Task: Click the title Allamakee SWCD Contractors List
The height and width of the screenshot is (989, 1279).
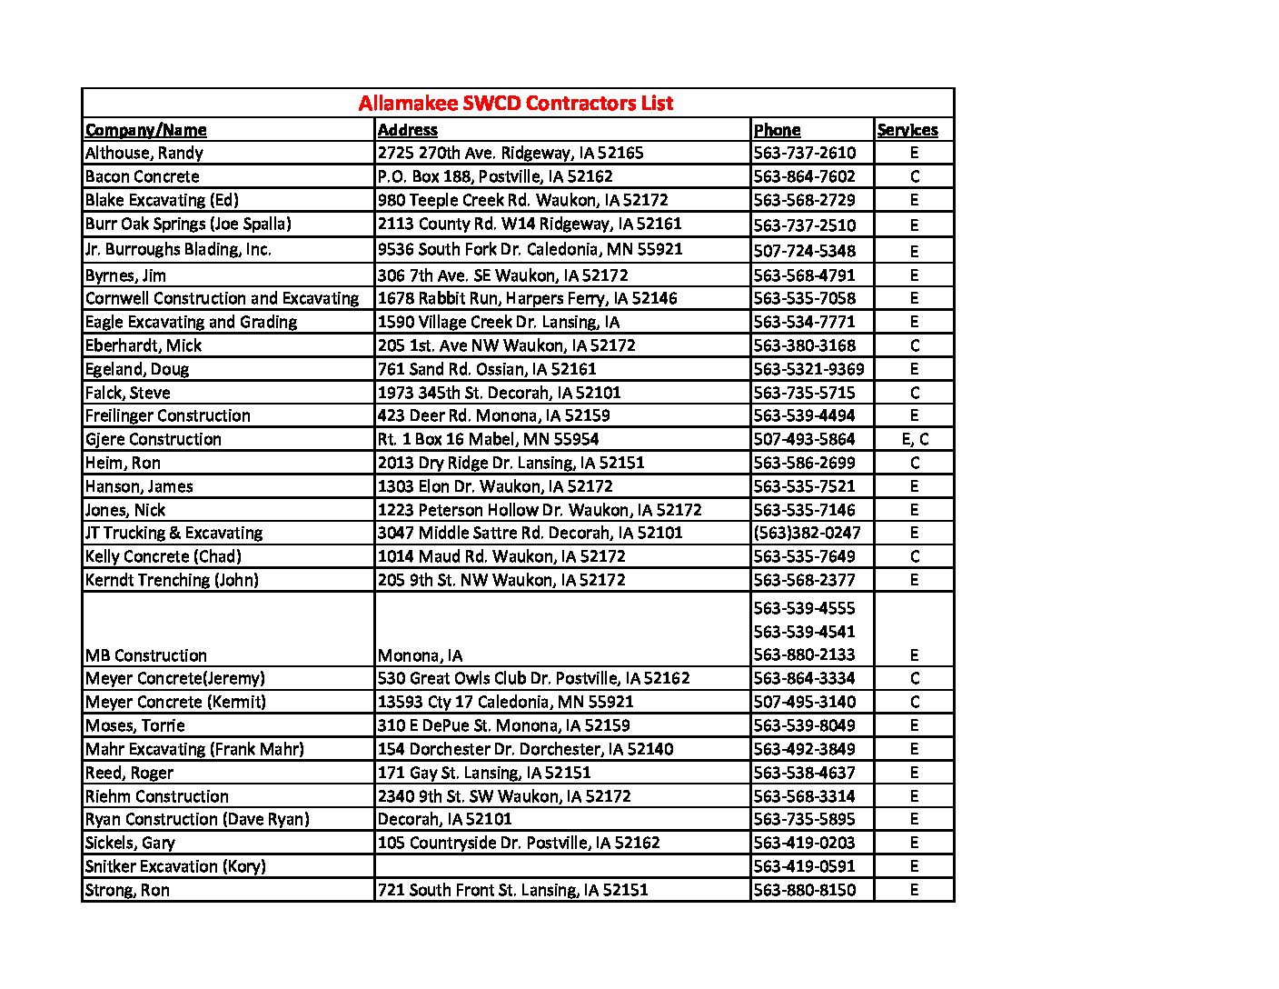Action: (515, 103)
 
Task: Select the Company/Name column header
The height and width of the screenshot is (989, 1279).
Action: (145, 130)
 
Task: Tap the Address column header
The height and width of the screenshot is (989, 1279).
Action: (407, 130)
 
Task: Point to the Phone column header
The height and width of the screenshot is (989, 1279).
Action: (777, 130)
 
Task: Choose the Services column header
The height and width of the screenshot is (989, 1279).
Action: (907, 130)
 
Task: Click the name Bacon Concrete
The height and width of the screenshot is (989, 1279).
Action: (142, 176)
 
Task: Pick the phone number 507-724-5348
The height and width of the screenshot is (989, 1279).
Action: (804, 250)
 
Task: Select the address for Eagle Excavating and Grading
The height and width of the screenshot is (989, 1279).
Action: (498, 322)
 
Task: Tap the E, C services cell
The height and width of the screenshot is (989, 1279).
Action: (915, 439)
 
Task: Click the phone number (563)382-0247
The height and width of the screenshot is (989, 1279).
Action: (807, 533)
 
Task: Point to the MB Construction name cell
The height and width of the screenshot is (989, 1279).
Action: (146, 655)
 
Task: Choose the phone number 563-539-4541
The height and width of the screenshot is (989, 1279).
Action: (804, 631)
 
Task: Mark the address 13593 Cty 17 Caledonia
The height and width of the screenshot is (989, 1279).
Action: (505, 702)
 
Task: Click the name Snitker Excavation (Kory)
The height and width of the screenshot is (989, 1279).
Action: (175, 866)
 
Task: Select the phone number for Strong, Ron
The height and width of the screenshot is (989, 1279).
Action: (804, 890)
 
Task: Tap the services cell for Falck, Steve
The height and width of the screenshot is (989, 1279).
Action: (915, 393)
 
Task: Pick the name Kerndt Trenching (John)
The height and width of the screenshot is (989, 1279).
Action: (172, 580)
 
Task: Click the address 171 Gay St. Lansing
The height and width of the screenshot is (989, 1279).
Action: (483, 773)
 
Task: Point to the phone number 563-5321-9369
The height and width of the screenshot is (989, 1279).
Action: (808, 369)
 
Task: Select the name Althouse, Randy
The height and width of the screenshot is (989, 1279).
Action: (144, 153)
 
